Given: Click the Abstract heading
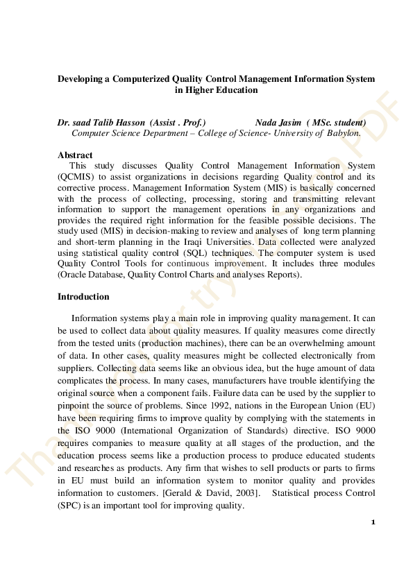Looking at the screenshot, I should (75, 155).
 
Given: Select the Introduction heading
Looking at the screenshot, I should (83, 297).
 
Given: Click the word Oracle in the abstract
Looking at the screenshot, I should (77, 275).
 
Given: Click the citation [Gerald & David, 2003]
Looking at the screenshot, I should (228, 493).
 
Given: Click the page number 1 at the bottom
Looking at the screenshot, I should (373, 522).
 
